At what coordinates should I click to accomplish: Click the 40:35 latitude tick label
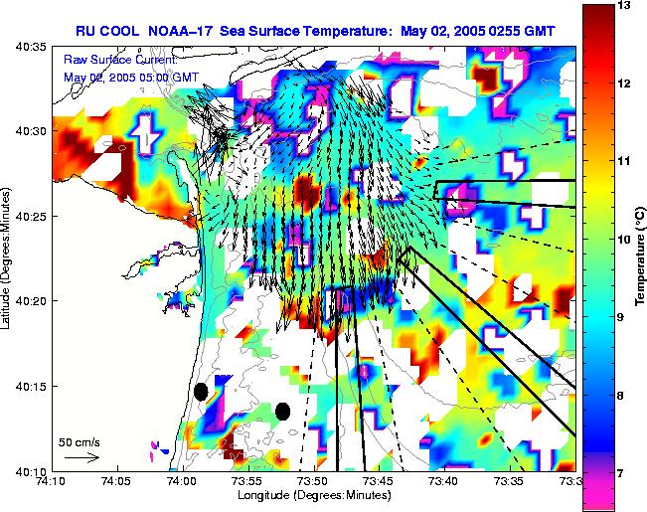(22, 47)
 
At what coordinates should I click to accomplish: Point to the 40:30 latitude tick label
(22, 131)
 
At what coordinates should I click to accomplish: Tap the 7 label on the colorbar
(623, 473)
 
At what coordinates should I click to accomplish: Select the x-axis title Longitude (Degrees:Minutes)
(313, 494)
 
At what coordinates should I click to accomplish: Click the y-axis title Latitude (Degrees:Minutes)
(7, 256)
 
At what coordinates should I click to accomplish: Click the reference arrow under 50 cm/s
(81, 457)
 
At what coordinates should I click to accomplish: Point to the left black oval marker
(200, 392)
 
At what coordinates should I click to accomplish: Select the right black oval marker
(282, 411)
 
